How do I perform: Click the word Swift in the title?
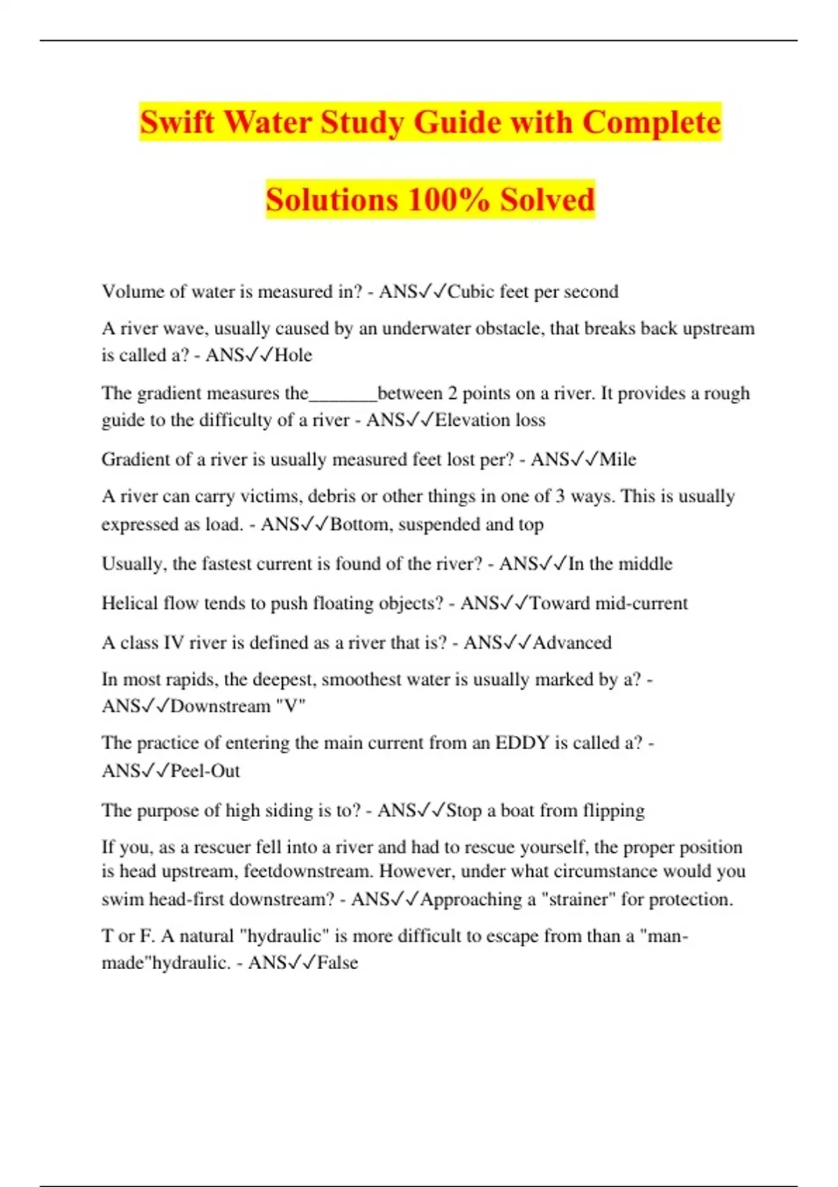click(x=177, y=122)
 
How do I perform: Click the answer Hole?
click(x=293, y=355)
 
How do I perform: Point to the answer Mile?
click(x=618, y=459)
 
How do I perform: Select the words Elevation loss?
click(x=490, y=420)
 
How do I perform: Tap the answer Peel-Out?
click(x=205, y=771)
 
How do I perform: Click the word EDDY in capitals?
click(x=522, y=743)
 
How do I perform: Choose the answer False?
click(x=338, y=963)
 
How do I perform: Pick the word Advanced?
click(x=572, y=642)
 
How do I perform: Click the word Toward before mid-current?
click(x=560, y=603)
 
